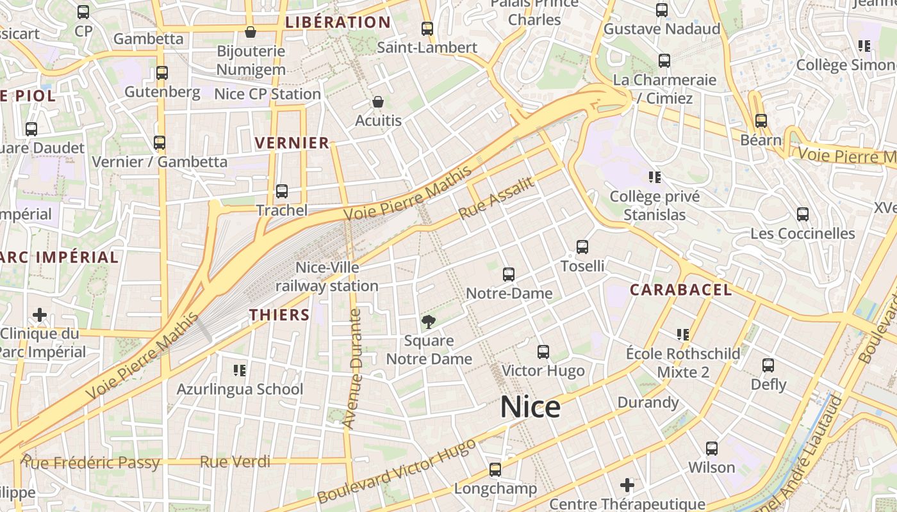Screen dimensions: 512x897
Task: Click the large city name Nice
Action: click(530, 407)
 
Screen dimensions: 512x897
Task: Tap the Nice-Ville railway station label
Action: click(327, 276)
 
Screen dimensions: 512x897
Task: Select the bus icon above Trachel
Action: click(281, 191)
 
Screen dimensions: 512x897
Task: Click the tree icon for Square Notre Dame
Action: click(428, 321)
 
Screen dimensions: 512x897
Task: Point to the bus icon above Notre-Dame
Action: click(509, 275)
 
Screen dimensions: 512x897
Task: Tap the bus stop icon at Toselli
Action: click(582, 246)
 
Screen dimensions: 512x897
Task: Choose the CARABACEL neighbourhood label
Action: click(680, 290)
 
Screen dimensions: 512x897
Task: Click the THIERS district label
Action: click(279, 315)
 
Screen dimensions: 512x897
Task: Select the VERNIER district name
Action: click(292, 143)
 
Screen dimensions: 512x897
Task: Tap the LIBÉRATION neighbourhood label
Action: click(338, 22)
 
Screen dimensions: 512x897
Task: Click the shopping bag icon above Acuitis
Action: click(378, 102)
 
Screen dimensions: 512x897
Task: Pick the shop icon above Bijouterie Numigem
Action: click(251, 31)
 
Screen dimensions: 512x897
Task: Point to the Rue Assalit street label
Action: click(497, 199)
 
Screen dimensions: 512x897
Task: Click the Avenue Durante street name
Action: click(353, 369)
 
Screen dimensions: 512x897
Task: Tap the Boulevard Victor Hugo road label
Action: click(397, 470)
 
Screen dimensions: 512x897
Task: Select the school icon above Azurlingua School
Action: click(240, 370)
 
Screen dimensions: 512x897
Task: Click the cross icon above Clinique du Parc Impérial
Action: click(40, 314)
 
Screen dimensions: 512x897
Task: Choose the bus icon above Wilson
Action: click(711, 449)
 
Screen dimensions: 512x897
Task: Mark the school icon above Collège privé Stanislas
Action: click(654, 177)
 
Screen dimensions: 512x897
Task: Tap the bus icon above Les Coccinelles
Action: click(802, 214)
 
